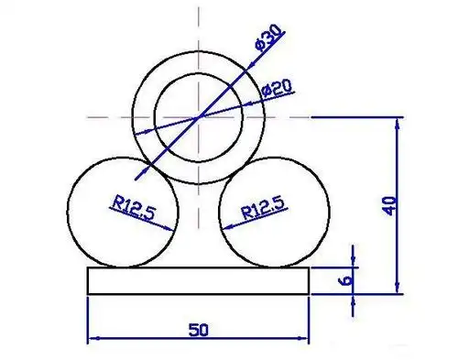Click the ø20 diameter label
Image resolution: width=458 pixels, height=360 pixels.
pos(276,88)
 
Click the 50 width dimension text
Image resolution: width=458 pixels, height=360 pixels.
pos(198,329)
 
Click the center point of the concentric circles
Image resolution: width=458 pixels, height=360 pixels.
pos(198,117)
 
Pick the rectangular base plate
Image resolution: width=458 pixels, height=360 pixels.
pos(198,280)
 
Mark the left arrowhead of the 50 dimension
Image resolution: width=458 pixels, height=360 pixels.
pos(91,341)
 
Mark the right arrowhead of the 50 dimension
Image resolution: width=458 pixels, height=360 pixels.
pos(305,341)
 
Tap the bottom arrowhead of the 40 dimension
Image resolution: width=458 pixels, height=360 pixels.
pos(397,289)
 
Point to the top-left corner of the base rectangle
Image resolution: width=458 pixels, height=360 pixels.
pos(86,267)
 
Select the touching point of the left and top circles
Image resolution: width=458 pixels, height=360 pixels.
pos(149,169)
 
